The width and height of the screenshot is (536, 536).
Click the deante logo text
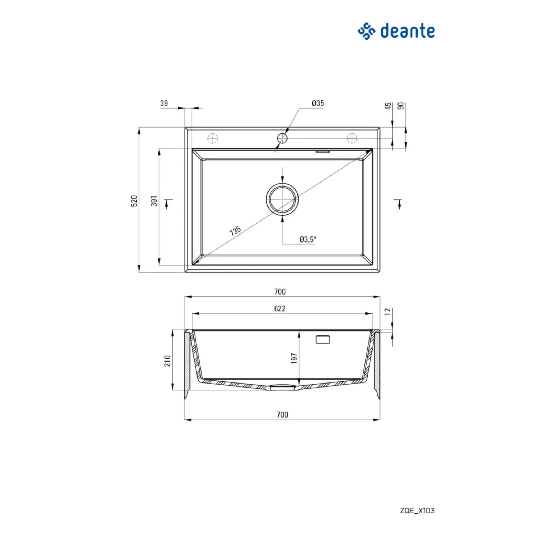pyautogui.click(x=407, y=31)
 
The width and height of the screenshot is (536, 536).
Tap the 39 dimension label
pyautogui.click(x=164, y=103)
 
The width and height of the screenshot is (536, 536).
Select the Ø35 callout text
pyautogui.click(x=318, y=103)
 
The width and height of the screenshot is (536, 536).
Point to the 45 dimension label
pyautogui.click(x=389, y=106)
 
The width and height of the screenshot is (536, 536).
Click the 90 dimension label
pyautogui.click(x=401, y=106)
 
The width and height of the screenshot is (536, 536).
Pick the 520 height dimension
pyautogui.click(x=134, y=200)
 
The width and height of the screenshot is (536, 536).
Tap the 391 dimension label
pyautogui.click(x=154, y=201)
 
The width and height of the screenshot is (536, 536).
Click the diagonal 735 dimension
pyautogui.click(x=235, y=231)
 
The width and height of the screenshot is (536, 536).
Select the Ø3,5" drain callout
pyautogui.click(x=308, y=239)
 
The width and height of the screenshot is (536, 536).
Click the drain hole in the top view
pyautogui.click(x=282, y=199)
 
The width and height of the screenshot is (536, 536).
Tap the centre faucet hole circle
pyautogui.click(x=282, y=138)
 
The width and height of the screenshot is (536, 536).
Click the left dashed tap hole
pyautogui.click(x=213, y=138)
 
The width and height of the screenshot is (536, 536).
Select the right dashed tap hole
pyautogui.click(x=352, y=138)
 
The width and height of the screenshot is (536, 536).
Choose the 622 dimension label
pyautogui.click(x=280, y=308)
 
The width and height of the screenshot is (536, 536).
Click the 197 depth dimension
pyautogui.click(x=294, y=358)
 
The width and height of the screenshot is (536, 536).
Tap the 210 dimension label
pyautogui.click(x=167, y=361)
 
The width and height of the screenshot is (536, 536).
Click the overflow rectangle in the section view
pyautogui.click(x=323, y=339)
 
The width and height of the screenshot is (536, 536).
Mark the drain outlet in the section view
pyautogui.click(x=282, y=387)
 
